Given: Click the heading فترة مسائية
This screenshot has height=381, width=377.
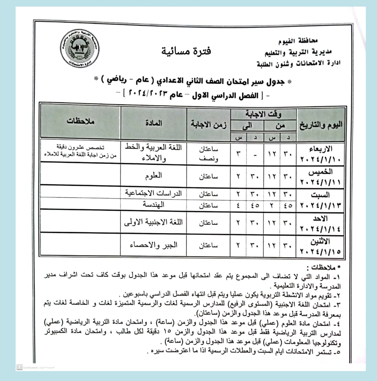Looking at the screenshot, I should (186, 51).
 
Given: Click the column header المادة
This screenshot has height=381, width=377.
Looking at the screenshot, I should (154, 123).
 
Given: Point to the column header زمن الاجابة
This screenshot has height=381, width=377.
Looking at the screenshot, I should (208, 125).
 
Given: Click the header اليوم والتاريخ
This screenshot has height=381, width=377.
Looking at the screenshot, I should (320, 125).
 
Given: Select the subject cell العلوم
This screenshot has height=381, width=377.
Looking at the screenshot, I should (154, 175).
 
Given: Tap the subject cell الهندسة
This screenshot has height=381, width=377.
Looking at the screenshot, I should (154, 205).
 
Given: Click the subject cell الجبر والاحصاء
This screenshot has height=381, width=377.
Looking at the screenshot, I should (154, 245).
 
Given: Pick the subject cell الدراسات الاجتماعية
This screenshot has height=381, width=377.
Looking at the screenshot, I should (154, 193).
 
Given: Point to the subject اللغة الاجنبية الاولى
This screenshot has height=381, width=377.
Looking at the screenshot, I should (154, 222).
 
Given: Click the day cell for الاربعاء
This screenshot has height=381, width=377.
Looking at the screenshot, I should (320, 153).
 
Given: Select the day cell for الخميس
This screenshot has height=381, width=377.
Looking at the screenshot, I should (320, 176).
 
